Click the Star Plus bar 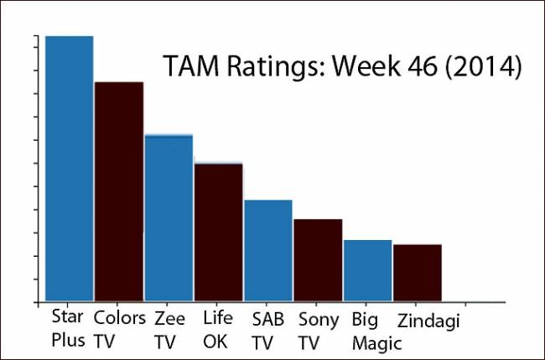70,168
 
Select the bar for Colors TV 119,191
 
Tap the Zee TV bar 169,217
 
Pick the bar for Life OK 219,232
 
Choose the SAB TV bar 268,250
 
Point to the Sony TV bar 318,260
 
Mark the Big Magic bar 367,270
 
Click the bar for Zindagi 418,273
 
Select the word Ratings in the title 269,66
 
